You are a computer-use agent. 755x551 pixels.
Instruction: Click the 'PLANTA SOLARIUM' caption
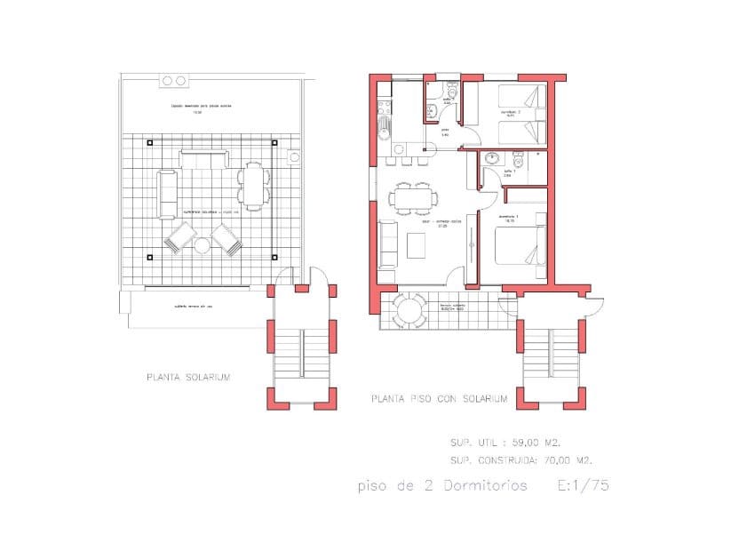[x=188, y=378]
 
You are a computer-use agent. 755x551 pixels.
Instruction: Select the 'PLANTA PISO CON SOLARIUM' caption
[x=440, y=400]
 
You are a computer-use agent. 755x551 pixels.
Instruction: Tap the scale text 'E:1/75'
[x=584, y=486]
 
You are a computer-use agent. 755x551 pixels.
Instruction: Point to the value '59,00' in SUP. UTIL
[x=528, y=442]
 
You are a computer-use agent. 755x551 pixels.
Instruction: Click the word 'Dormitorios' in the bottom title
[x=484, y=486]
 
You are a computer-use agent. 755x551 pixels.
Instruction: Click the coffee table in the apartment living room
[x=417, y=244]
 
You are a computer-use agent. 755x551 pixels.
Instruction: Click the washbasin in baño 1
[x=490, y=158]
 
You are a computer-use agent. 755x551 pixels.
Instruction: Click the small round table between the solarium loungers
[x=203, y=244]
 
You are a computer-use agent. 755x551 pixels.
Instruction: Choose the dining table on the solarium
[x=254, y=185]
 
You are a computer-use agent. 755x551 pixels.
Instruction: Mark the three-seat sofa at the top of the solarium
[x=204, y=159]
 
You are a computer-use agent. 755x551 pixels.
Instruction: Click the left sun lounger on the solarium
[x=180, y=238]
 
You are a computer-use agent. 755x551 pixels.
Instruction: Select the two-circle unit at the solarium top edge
[x=172, y=81]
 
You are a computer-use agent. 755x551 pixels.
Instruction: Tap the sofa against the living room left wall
[x=388, y=244]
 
